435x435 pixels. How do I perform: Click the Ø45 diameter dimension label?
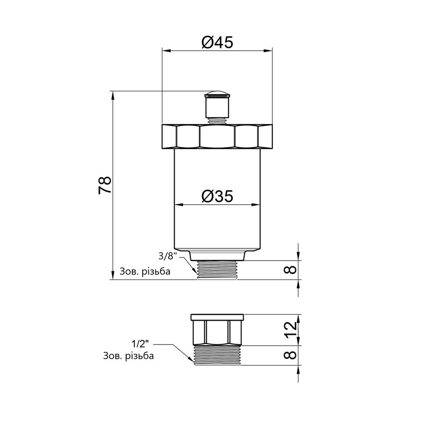[x=217, y=42]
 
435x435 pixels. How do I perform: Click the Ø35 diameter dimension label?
[x=217, y=197]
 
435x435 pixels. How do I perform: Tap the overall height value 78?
[x=105, y=185]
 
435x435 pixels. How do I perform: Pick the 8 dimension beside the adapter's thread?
[x=291, y=355]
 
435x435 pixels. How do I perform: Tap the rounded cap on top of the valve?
[x=217, y=95]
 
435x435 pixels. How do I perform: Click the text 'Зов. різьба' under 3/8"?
[x=144, y=272]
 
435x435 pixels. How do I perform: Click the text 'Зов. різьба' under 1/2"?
[x=128, y=356]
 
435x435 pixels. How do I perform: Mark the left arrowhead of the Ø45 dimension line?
[x=165, y=50]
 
